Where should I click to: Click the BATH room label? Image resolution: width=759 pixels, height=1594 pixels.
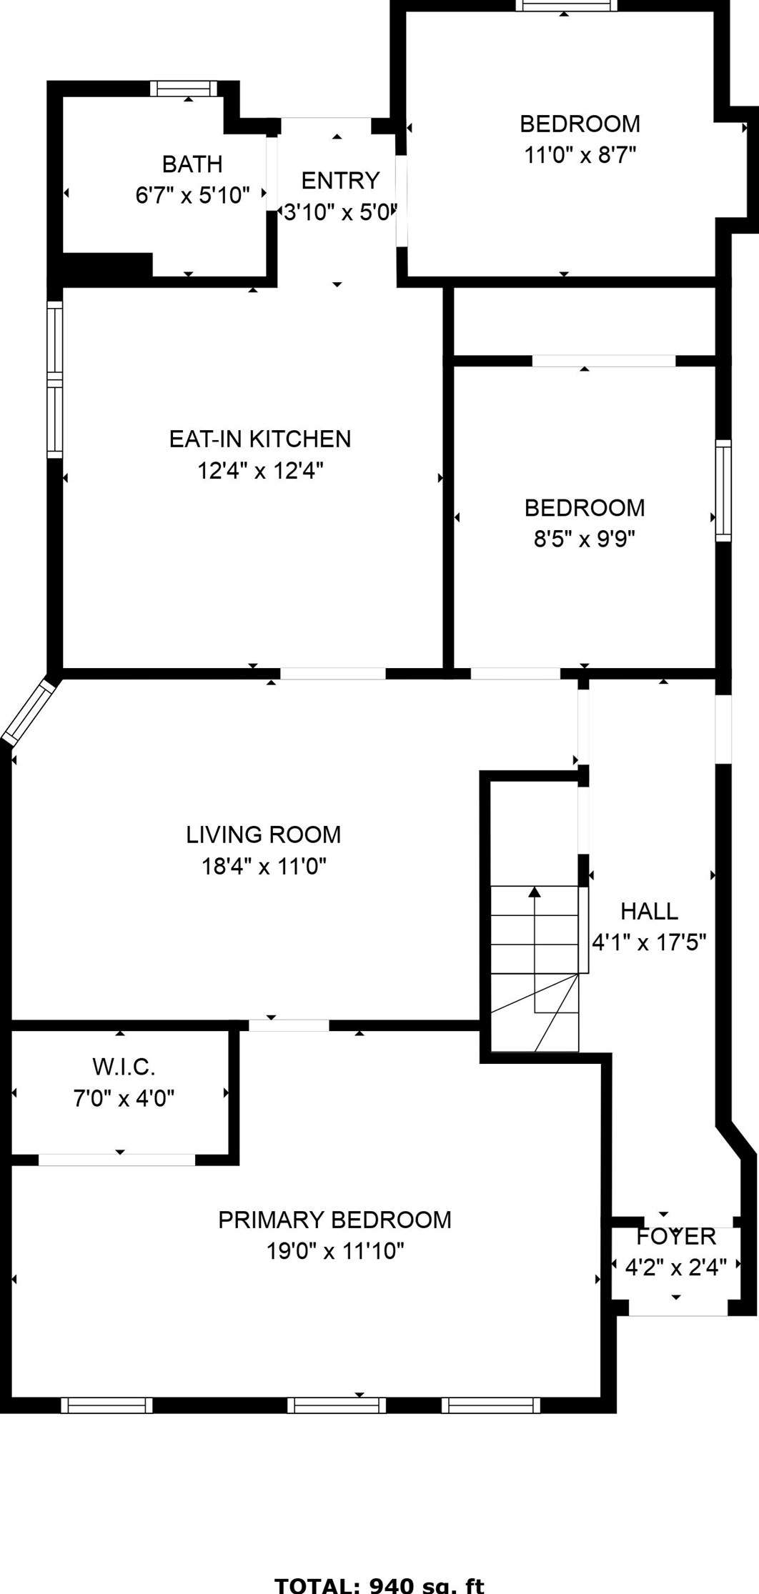[x=192, y=164]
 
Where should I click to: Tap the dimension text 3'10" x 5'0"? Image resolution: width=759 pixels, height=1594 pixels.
[x=339, y=212]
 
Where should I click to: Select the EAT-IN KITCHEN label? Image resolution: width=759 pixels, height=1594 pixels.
[x=260, y=439]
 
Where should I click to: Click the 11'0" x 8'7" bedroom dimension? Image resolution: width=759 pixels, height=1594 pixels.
[x=580, y=154]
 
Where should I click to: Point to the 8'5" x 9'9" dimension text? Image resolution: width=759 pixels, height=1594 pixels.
[x=584, y=538]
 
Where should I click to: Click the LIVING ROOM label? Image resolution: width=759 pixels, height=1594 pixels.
[x=263, y=835]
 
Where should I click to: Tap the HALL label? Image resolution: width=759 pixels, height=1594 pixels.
[x=649, y=911]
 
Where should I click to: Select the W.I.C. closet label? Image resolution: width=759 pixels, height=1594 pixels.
[x=124, y=1067]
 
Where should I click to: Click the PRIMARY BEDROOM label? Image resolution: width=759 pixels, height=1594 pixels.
[x=334, y=1220]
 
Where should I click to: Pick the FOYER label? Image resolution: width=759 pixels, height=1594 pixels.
[x=675, y=1236]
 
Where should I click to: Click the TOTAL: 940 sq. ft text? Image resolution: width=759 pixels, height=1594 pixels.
[x=379, y=1585]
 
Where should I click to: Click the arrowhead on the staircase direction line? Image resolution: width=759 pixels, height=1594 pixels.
[x=535, y=891]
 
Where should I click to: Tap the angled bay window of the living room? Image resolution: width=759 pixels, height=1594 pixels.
[x=29, y=710]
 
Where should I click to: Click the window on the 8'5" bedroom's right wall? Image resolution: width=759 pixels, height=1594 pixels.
[x=723, y=490]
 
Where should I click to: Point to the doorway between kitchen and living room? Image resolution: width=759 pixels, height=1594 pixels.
[x=332, y=673]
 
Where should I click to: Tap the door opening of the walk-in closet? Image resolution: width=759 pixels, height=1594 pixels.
[x=116, y=1160]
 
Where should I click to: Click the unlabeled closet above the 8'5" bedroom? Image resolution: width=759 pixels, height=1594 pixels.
[x=584, y=321]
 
